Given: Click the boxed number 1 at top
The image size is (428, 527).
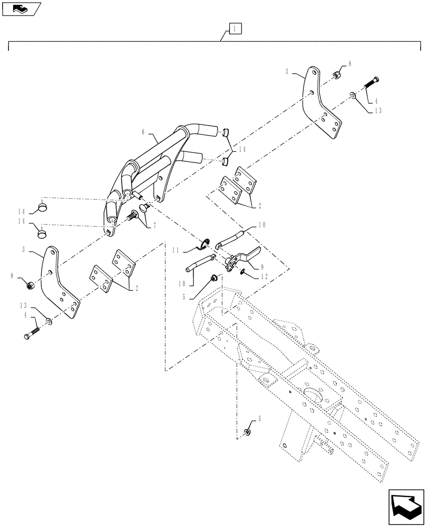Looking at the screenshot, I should tap(235, 29).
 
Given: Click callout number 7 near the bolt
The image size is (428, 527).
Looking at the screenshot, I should tap(140, 225).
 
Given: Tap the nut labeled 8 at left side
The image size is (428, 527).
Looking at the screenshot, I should tap(31, 285).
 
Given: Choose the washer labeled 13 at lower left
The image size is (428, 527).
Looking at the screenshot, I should tap(48, 321).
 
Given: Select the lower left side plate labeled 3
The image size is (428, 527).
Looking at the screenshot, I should tap(62, 285).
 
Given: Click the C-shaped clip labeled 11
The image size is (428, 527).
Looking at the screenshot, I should tap(203, 243).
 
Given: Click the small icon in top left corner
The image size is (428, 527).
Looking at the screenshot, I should tap(20, 8).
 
